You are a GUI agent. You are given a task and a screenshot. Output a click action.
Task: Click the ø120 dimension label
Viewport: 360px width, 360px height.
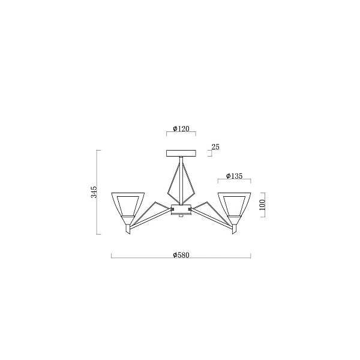[x=181, y=129]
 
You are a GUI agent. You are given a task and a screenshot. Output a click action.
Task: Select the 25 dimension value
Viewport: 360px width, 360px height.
[x=215, y=147]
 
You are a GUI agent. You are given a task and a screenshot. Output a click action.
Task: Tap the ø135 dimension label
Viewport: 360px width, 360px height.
[x=234, y=176]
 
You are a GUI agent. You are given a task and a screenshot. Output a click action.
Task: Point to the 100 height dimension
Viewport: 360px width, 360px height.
[x=262, y=205]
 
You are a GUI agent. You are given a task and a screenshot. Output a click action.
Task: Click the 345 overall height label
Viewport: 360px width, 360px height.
[x=94, y=192]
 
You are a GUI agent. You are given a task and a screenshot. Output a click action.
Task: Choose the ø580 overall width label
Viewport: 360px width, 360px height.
[x=181, y=255]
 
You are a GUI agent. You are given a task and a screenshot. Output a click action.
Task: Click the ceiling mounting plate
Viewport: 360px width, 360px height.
[x=181, y=153]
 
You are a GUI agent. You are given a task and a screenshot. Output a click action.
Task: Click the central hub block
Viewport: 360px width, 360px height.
[x=181, y=209]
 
